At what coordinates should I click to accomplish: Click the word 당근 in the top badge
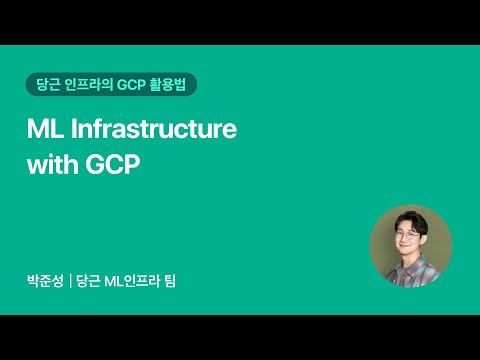(48, 86)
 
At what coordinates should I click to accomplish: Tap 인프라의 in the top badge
(87, 86)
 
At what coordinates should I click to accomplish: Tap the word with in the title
(50, 164)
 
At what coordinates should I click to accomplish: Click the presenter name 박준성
(45, 283)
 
